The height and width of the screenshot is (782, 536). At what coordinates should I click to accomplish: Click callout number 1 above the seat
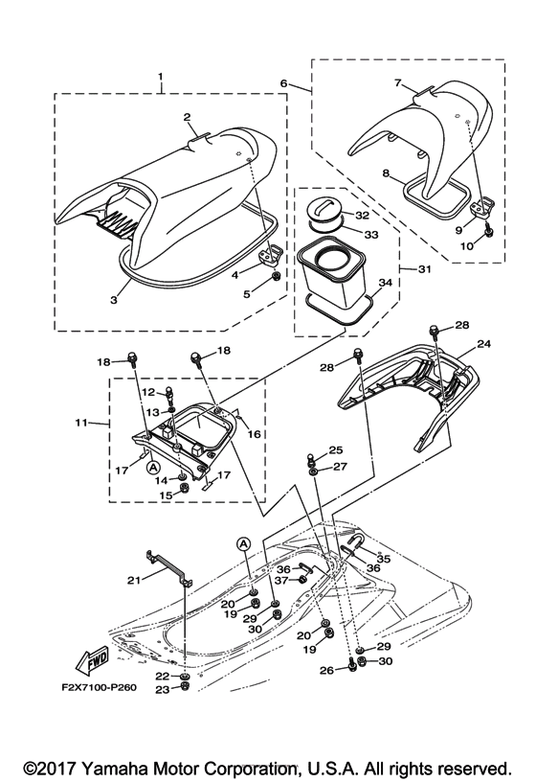tap(161, 77)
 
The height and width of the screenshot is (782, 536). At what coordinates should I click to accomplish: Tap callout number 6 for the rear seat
tap(283, 83)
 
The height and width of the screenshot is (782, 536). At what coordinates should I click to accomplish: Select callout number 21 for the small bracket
tap(134, 580)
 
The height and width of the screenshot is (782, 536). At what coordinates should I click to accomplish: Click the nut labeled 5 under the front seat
tap(274, 277)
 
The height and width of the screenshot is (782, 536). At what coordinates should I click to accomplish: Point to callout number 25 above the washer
tap(335, 449)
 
